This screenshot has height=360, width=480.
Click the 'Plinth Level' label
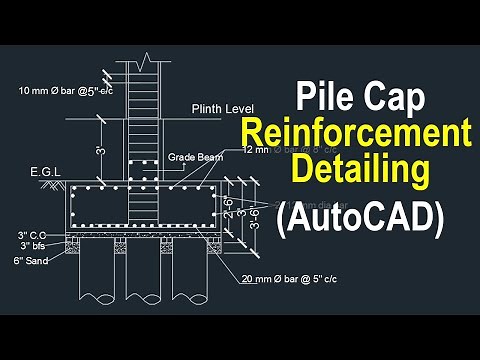(224, 107)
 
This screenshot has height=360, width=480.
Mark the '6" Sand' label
(32, 261)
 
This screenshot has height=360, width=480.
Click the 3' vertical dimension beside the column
(99, 150)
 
